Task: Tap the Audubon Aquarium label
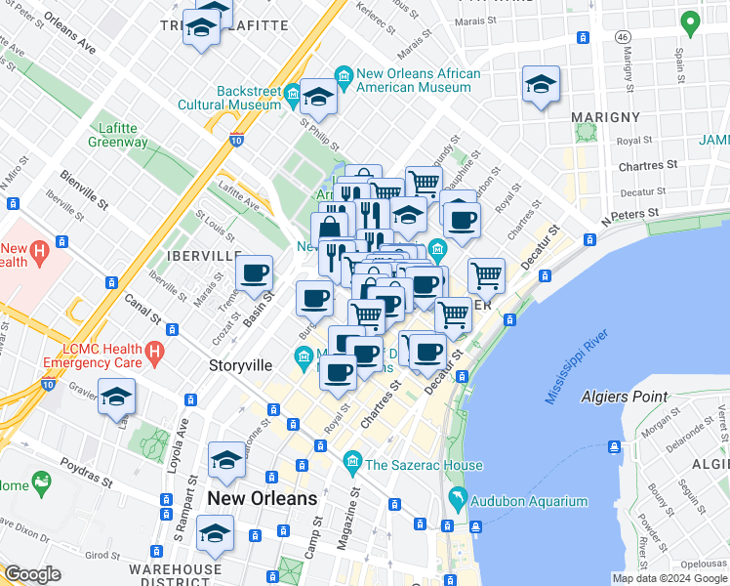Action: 530,502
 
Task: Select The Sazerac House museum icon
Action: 351,460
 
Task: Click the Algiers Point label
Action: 624,397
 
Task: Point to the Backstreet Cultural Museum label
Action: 235,98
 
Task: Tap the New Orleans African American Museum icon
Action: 343,74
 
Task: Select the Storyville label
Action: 240,365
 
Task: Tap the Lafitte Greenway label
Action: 123,135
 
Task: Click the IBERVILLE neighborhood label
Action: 203,255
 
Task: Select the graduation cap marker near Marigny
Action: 540,84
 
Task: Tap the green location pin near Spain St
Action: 690,21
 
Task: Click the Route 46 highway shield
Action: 621,36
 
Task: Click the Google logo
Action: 32,574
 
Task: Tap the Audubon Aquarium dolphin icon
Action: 456,501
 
